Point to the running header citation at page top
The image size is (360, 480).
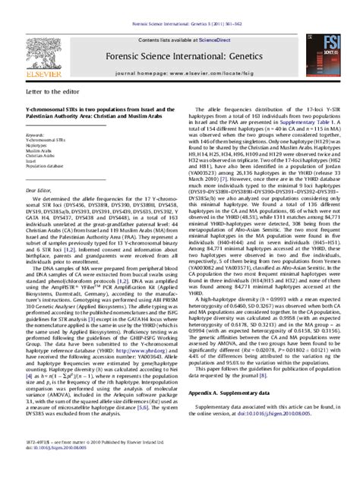(x=179, y=5)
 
